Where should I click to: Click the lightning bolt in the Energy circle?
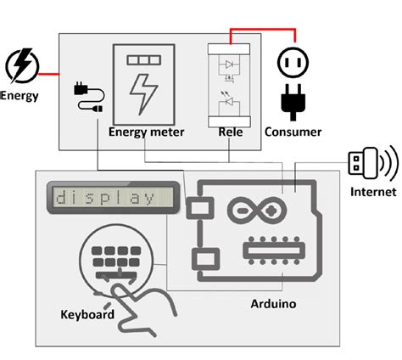tap(23, 65)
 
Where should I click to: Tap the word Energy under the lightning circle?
tap(20, 96)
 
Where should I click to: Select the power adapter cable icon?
tap(88, 97)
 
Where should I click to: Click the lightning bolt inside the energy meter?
tap(143, 94)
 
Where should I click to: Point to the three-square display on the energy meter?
tap(144, 59)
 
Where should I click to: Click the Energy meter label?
tap(146, 132)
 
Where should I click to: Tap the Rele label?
tap(231, 132)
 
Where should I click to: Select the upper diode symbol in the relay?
tap(229, 65)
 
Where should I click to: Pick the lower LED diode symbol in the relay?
tap(229, 100)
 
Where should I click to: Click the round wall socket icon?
tap(293, 62)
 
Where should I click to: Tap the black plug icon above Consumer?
tap(293, 102)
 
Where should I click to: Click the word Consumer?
tap(293, 132)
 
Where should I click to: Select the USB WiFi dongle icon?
tap(372, 163)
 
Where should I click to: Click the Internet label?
tap(373, 192)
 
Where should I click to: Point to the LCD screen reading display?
tap(113, 197)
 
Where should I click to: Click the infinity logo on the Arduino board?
tap(257, 211)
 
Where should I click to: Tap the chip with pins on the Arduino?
tap(274, 250)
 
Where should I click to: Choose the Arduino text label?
tap(273, 304)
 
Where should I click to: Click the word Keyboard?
tap(87, 314)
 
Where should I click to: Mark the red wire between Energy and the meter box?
tap(49, 75)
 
